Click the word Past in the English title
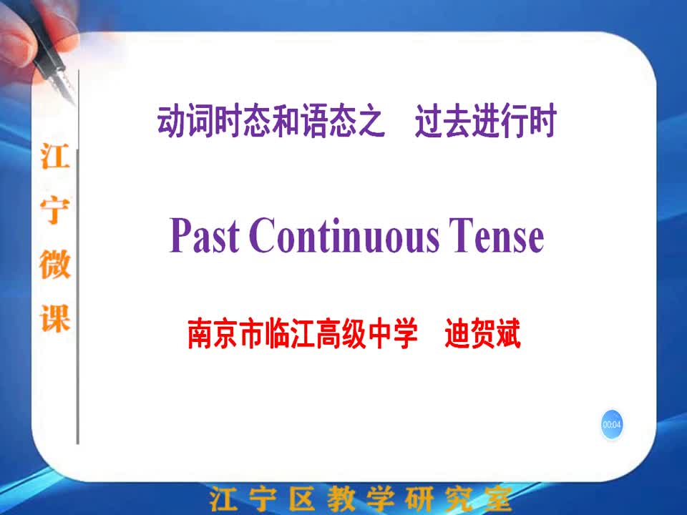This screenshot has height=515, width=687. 204,235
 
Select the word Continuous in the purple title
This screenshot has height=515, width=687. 344,235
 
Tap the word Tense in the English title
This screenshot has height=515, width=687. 497,235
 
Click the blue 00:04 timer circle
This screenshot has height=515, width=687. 612,424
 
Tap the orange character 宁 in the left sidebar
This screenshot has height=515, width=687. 55,210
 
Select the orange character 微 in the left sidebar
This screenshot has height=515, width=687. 55,264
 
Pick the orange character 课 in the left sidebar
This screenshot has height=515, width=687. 55,318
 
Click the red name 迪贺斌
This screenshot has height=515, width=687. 483,334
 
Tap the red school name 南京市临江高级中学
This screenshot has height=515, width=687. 303,334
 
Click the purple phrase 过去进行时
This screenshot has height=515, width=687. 485,120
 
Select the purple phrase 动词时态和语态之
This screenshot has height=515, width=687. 271,120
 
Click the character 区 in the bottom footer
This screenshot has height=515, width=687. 302,499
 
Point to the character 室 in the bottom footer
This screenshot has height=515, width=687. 498,499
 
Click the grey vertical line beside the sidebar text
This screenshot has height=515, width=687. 78,258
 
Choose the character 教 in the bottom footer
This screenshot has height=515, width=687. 341,499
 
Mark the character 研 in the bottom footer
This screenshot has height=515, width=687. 419,499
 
